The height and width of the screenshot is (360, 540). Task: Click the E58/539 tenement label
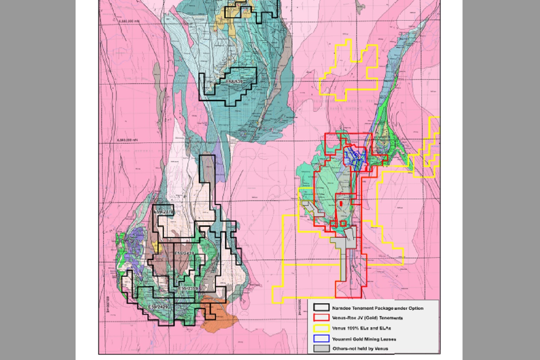(x=234, y=81)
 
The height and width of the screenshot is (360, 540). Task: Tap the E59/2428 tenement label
(x=184, y=254)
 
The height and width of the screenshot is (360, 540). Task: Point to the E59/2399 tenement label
(x=188, y=288)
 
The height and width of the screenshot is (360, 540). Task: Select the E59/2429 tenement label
(x=157, y=307)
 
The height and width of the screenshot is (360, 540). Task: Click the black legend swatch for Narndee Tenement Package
(x=321, y=308)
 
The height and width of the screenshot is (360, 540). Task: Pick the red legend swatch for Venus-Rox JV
(x=321, y=318)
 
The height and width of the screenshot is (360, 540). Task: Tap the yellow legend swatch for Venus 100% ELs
(x=321, y=328)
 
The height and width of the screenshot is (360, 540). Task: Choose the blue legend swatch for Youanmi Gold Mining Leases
(x=321, y=339)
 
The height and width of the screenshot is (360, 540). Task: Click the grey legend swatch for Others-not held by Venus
(x=321, y=348)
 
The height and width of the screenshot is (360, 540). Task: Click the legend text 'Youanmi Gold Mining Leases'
(x=364, y=339)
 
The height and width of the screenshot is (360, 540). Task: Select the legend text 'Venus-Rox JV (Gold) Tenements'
(x=367, y=318)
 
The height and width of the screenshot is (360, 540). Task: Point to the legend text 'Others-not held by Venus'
(x=360, y=349)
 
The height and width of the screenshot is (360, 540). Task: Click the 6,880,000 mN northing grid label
(x=129, y=21)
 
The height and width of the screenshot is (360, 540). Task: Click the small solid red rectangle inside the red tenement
(x=340, y=203)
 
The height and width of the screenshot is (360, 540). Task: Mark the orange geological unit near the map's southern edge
(x=219, y=313)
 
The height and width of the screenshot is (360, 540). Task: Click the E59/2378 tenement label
(x=164, y=212)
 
